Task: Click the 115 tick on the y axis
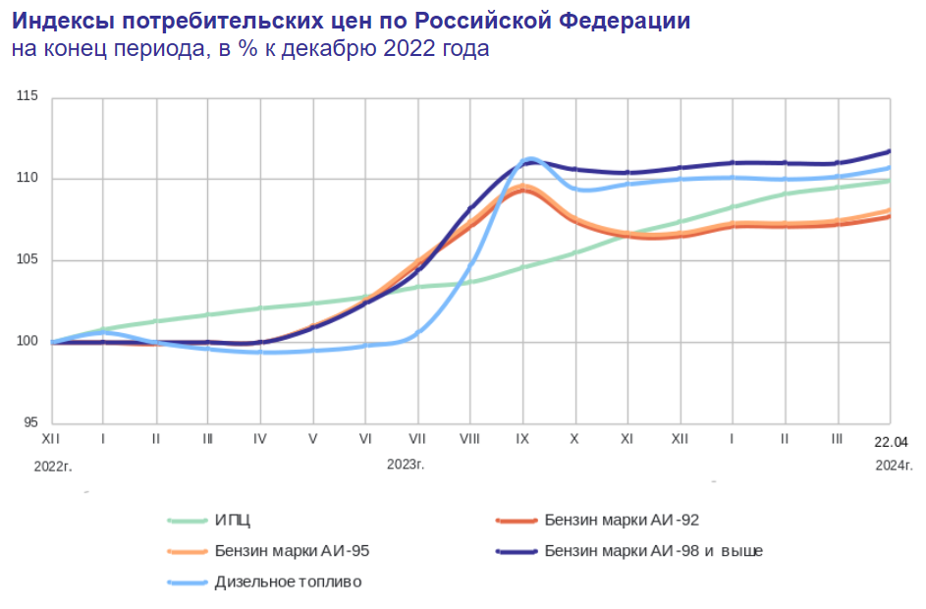27,96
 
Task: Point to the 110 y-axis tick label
27,178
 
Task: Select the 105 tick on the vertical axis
27,260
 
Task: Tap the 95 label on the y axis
29,423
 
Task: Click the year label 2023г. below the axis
405,465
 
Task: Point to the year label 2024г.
889,465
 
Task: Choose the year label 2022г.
53,465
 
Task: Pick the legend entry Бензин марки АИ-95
292,551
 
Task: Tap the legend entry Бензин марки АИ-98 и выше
653,551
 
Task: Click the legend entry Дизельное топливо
288,582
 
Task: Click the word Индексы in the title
61,21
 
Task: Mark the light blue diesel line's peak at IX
530,158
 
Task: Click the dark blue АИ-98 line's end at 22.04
889,151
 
